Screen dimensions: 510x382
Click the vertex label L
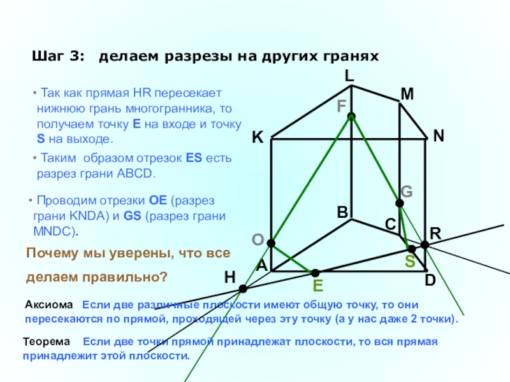349,76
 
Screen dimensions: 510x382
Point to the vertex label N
439,136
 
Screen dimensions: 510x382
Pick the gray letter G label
407,191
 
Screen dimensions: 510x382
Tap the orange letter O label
258,239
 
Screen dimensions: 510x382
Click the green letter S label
410,262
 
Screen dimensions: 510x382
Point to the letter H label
229,277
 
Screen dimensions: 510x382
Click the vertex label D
430,279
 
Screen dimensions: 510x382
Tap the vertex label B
342,212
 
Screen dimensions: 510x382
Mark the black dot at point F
351,117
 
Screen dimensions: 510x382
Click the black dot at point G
400,203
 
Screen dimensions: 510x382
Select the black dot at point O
271,243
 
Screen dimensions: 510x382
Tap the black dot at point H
243,289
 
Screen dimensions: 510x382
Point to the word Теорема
48,343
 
